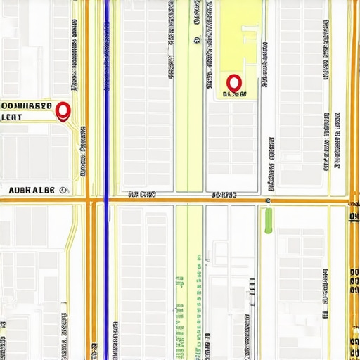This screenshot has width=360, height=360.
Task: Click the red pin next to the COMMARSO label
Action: tap(63, 111)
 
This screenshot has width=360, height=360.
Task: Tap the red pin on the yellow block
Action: tap(234, 83)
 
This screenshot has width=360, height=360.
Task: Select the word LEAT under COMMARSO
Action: tap(15, 117)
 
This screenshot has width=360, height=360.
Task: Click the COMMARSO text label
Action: tap(27, 106)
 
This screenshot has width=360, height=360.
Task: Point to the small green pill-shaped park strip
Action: tap(268, 221)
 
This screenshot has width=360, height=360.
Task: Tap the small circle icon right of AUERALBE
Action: tap(65, 190)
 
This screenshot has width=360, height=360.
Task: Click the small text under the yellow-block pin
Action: tap(235, 94)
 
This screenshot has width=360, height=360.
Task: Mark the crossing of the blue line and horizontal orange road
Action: tap(105, 201)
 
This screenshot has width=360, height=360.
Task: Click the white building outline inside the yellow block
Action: tap(249, 39)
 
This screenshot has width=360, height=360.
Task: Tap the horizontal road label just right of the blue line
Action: tap(142, 194)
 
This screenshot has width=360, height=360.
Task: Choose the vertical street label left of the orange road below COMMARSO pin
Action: tap(82, 151)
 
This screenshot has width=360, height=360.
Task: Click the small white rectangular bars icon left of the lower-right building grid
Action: tap(251, 292)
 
